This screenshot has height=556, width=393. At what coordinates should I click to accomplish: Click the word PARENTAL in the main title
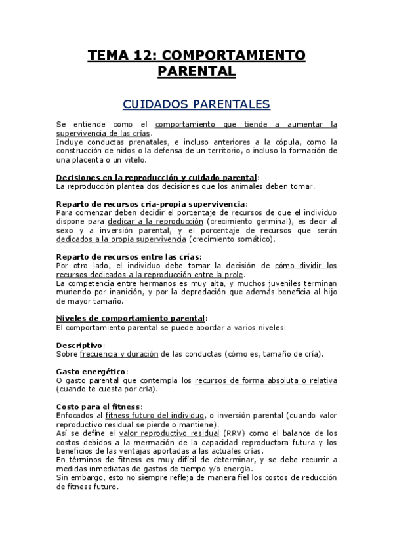[196, 71]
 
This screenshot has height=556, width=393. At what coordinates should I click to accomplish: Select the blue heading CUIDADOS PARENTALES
[196, 104]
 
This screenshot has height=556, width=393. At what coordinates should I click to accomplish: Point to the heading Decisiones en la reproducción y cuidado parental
[157, 177]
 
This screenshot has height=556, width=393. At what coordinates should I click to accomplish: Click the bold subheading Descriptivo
[79, 345]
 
